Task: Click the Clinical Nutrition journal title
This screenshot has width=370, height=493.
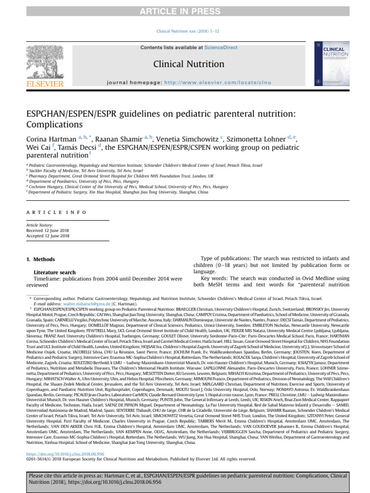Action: pyautogui.click(x=188, y=64)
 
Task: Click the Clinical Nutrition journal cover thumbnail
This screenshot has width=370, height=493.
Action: pyautogui.click(x=331, y=64)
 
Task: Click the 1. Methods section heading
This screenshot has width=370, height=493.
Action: pyautogui.click(x=40, y=259)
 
